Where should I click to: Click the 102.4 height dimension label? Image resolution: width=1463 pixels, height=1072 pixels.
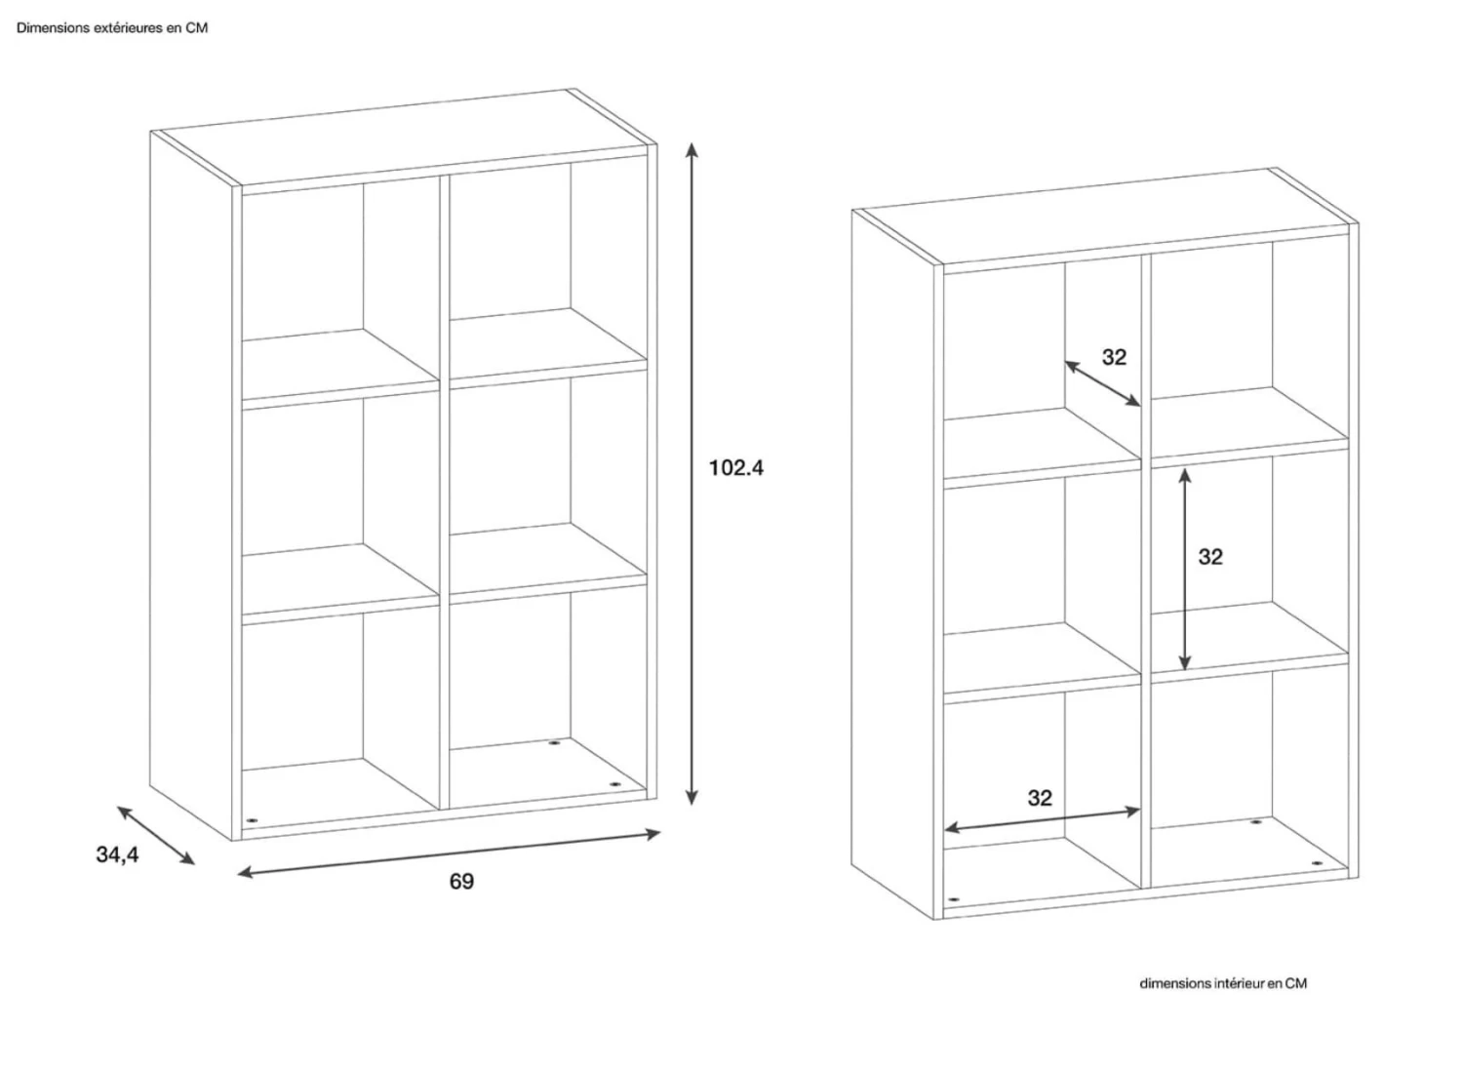click(736, 468)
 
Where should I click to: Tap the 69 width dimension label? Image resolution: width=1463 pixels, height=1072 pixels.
click(461, 881)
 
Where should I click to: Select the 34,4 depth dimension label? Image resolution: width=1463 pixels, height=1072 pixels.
click(118, 854)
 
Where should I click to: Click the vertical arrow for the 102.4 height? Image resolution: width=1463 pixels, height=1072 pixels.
click(692, 474)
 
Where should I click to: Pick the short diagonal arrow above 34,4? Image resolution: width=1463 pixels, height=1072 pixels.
click(155, 836)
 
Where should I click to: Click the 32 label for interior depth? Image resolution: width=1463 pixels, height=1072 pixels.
click(1114, 357)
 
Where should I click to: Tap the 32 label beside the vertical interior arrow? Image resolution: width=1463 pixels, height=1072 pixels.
click(1210, 557)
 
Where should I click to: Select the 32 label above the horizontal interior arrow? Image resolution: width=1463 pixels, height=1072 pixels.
click(1040, 798)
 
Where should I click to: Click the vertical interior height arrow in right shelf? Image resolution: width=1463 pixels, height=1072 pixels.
click(1185, 569)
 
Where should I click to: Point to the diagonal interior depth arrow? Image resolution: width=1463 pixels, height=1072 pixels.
click(1102, 383)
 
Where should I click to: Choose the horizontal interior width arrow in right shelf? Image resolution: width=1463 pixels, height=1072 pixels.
click(1043, 819)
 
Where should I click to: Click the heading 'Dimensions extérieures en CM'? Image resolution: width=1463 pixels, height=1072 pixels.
click(112, 28)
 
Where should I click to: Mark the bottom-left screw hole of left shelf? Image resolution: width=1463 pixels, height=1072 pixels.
click(253, 819)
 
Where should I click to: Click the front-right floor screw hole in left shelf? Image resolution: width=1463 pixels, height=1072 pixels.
click(613, 784)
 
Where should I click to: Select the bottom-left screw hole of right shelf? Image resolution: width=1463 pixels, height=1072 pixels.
click(954, 899)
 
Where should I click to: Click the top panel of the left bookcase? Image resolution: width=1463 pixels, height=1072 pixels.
click(404, 138)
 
